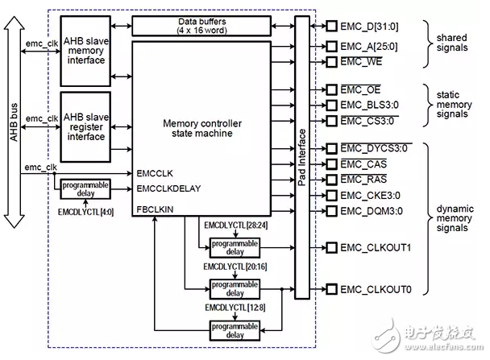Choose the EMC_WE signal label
[361, 61]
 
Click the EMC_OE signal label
[360, 89]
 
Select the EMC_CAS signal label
[363, 163]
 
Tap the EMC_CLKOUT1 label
[376, 247]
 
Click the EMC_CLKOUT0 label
[376, 288]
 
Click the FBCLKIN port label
[155, 209]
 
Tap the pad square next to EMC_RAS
[331, 179]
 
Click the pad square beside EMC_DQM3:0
[331, 211]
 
